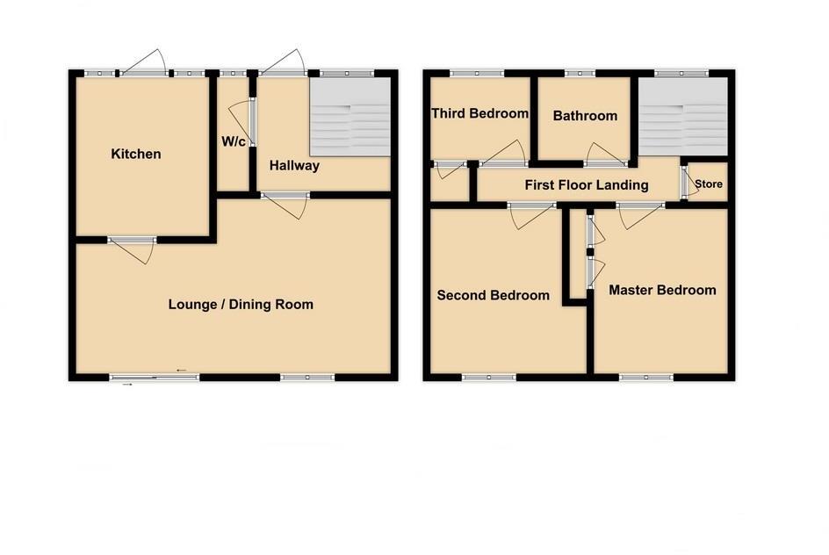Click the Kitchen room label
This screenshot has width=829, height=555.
pos(136,155)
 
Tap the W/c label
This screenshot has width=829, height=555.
pos(232,141)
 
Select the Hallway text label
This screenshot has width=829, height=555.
pos(294,166)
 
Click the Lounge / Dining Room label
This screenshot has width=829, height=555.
pos(241,305)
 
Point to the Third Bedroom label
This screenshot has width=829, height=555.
pos(479,113)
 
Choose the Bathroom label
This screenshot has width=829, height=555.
pos(585,116)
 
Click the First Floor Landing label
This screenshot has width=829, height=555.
pos(587,185)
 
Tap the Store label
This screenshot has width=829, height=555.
pos(709,185)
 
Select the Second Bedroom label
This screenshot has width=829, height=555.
pos(494,296)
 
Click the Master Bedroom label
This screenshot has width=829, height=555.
pos(662,291)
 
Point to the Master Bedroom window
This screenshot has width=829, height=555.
pos(646,378)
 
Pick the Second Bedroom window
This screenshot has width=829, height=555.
pos(489,378)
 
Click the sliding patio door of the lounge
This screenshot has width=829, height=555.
pos(155,378)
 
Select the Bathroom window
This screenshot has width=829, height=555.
pos(579,73)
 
